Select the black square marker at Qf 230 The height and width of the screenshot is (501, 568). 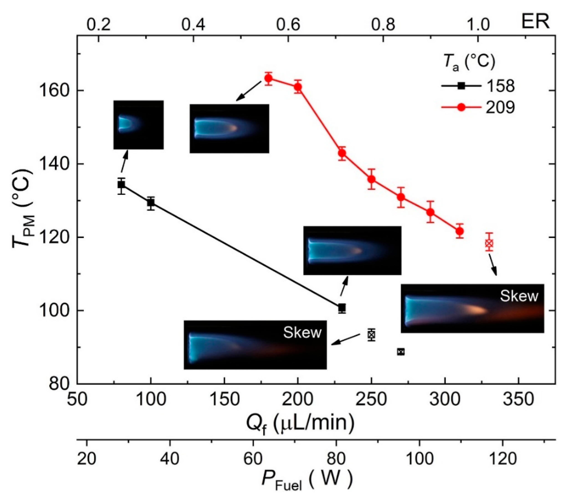[342, 308]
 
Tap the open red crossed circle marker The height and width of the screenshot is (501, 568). [489, 243]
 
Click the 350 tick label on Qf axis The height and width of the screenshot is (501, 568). [519, 400]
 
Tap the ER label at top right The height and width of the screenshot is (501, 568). [535, 22]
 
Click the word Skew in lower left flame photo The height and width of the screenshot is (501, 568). [302, 332]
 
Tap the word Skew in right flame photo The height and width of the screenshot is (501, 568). [519, 296]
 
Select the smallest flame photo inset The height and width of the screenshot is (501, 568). [138, 125]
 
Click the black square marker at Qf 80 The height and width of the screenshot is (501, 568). [121, 185]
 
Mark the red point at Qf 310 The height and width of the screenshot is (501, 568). [460, 231]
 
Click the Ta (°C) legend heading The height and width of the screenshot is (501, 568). [469, 63]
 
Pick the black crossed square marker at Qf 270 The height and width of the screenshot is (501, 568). [401, 352]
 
